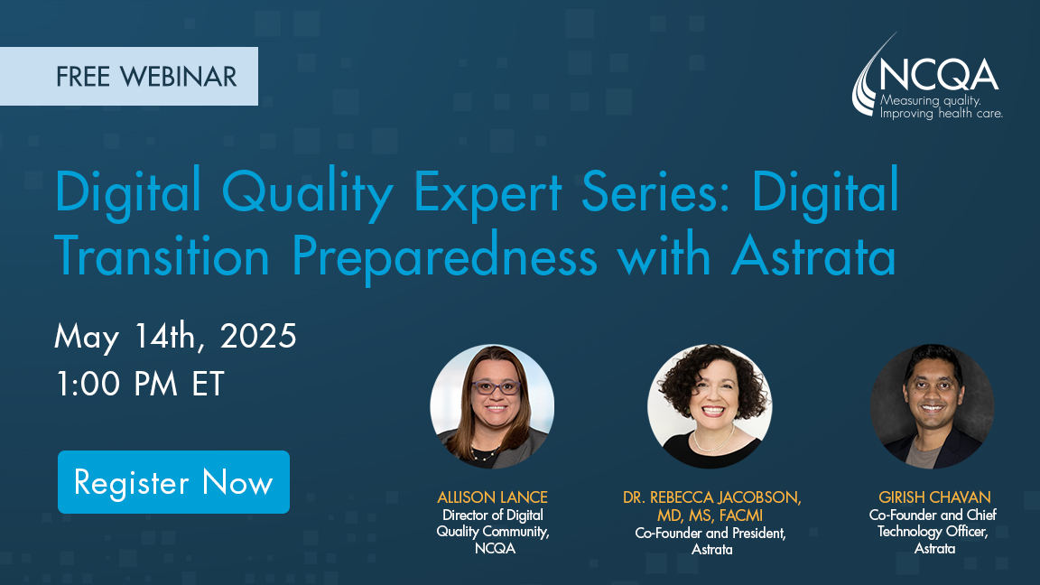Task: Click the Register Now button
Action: [173, 482]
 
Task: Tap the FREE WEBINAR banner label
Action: [129, 76]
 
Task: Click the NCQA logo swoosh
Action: [868, 79]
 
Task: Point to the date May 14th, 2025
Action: [175, 336]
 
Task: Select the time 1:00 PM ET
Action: [140, 384]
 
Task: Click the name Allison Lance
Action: [492, 497]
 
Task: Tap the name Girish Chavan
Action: [934, 497]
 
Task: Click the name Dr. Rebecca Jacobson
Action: [711, 497]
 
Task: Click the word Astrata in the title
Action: [813, 256]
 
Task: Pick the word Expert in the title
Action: [487, 192]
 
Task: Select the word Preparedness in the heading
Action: [444, 257]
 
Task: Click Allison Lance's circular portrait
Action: [492, 406]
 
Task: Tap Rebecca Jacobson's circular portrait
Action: [710, 406]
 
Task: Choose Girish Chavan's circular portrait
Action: [932, 406]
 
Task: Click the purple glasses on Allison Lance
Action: [496, 386]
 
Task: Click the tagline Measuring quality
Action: [930, 101]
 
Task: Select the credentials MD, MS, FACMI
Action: [710, 515]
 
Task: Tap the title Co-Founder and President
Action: [710, 533]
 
